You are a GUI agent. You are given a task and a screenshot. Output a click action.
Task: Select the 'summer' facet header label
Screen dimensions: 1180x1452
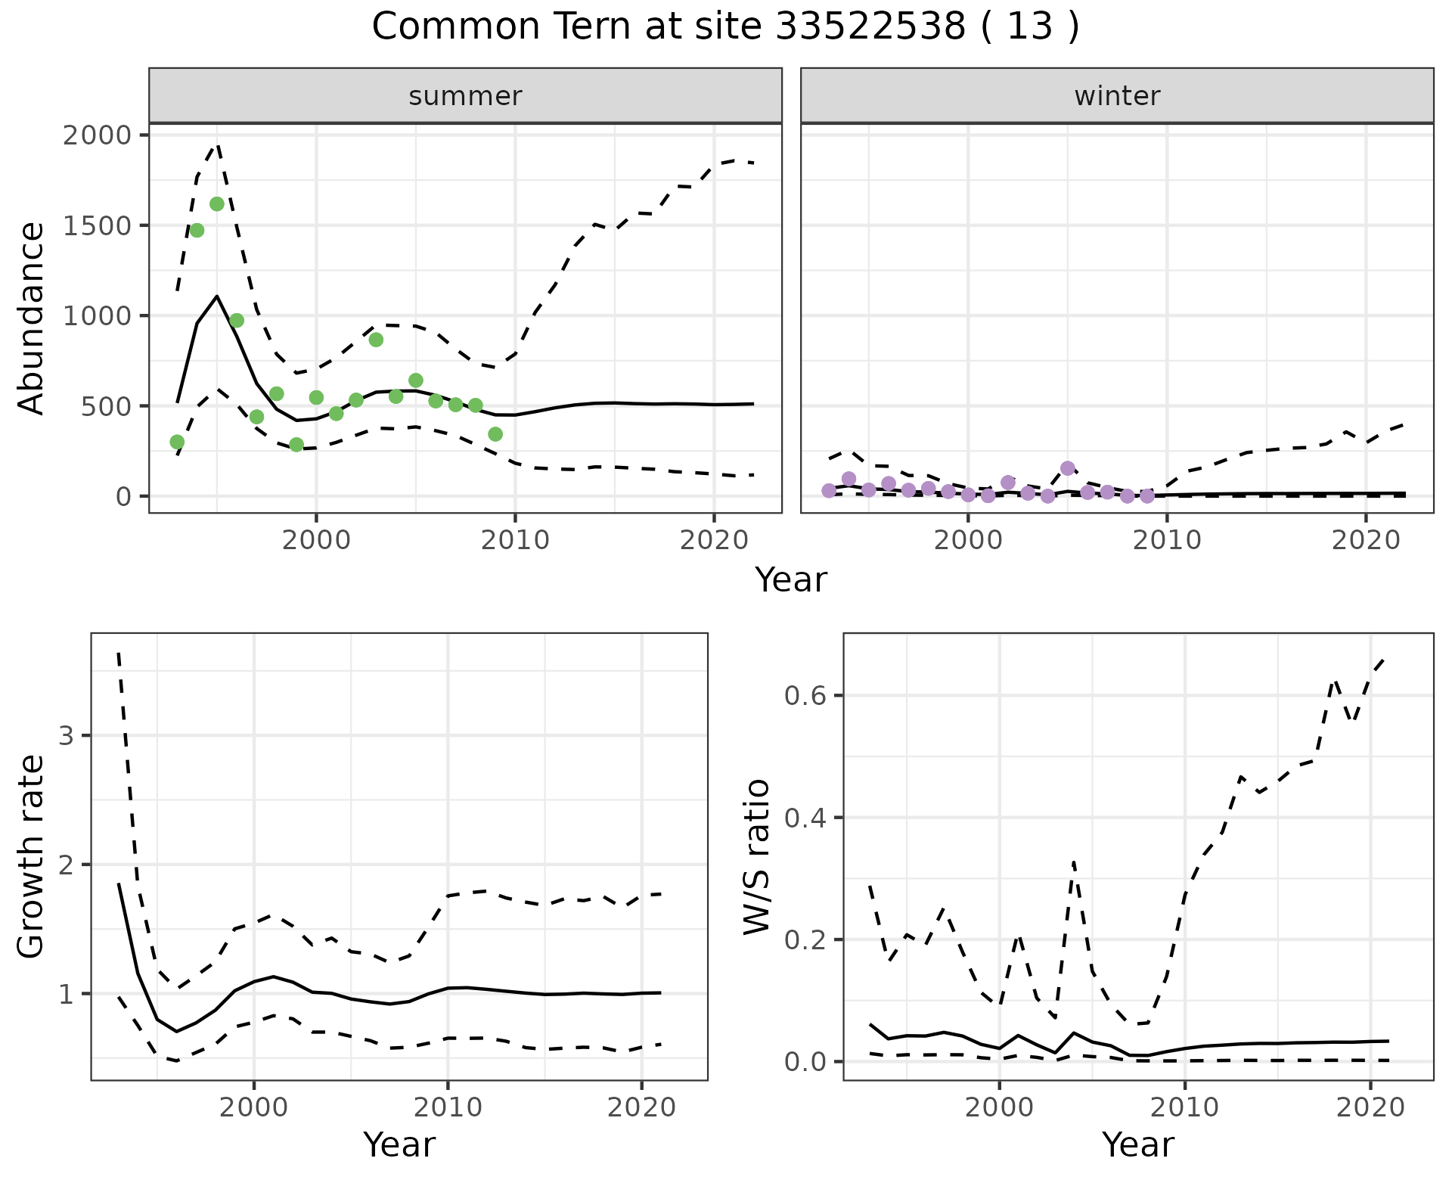pyautogui.click(x=465, y=96)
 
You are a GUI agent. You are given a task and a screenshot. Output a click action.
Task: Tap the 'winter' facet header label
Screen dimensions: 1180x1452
pyautogui.click(x=1117, y=96)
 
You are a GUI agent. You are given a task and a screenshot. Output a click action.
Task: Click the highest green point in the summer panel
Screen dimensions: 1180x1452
pyautogui.click(x=217, y=204)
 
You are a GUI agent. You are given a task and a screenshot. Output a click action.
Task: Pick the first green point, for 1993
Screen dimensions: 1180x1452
pyautogui.click(x=177, y=442)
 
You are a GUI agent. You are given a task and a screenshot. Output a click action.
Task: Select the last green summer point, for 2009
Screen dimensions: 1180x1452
pyautogui.click(x=495, y=434)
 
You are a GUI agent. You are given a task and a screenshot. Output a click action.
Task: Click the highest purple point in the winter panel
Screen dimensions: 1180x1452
pyautogui.click(x=1068, y=468)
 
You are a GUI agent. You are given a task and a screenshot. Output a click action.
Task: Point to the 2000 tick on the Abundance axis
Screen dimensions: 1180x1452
pyautogui.click(x=97, y=135)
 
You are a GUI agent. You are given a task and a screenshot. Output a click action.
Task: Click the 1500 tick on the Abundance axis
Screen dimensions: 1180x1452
pyautogui.click(x=97, y=225)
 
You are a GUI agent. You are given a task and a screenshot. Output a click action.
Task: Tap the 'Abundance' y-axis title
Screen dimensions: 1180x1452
pyautogui.click(x=32, y=318)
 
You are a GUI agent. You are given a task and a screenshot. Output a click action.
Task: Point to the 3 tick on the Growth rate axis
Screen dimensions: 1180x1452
pyautogui.click(x=66, y=736)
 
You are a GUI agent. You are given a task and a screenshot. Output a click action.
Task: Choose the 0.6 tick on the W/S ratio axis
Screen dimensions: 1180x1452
pyautogui.click(x=805, y=696)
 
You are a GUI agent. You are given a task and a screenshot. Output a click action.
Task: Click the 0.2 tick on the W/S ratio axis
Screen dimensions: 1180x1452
pyautogui.click(x=805, y=940)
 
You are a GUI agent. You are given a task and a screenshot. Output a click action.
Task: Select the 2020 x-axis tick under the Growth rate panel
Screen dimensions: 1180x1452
pyautogui.click(x=641, y=1108)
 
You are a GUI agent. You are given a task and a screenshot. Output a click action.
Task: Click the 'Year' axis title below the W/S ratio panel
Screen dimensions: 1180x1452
pyautogui.click(x=1137, y=1144)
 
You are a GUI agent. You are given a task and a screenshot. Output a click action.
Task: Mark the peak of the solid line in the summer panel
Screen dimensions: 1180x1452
pyautogui.click(x=217, y=296)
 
